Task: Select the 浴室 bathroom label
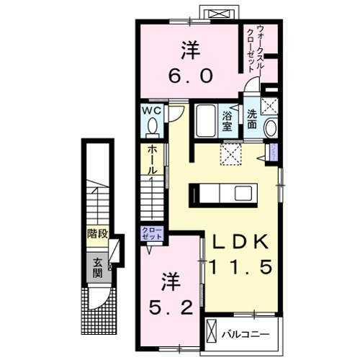coord(228,121)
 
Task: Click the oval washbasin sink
coord(270,128)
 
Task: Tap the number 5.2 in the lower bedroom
coord(170,307)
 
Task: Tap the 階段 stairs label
coord(97,235)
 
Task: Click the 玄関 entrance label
coord(97,268)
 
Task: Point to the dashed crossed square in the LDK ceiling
coord(230,153)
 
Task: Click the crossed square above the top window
coord(217,13)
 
